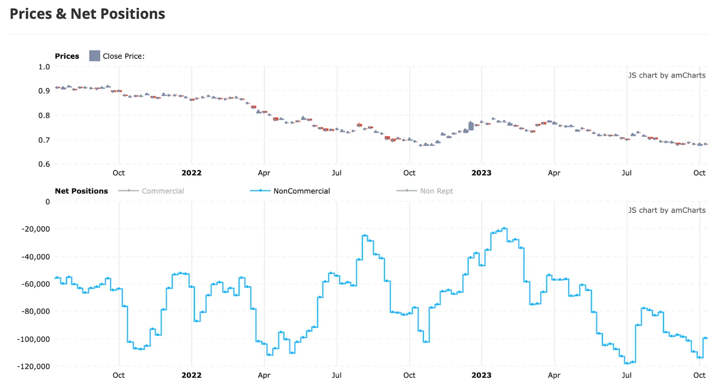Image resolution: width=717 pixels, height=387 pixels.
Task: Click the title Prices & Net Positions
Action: pos(87,14)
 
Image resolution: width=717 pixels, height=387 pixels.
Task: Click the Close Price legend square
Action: pos(95,56)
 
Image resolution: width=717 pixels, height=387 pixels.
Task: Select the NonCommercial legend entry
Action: pos(301,191)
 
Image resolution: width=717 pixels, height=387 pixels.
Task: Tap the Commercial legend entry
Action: pos(163,191)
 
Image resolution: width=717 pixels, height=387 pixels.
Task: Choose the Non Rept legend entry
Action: pos(436,191)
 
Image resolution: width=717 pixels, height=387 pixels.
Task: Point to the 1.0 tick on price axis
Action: pos(44,67)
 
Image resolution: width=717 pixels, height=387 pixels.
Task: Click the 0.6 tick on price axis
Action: pos(44,164)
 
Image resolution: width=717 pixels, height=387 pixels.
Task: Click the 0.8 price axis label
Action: pos(44,115)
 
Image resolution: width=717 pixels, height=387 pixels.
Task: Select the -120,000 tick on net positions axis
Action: pos(34,366)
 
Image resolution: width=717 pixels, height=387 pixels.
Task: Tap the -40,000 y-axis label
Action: pos(35,257)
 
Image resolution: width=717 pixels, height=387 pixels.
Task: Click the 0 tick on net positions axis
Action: pos(48,202)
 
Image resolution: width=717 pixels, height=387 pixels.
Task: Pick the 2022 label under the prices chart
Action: pos(191,173)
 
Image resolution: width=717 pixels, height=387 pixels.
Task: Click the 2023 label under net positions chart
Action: pos(481,375)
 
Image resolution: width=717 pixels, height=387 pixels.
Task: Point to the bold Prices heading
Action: pos(67,56)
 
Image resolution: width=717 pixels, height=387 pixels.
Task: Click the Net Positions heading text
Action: pos(81,191)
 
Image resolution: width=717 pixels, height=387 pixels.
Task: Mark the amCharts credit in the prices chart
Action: pos(666,75)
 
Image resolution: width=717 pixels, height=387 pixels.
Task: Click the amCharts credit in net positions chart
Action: pos(666,210)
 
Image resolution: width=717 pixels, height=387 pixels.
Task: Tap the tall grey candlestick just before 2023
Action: pos(471,126)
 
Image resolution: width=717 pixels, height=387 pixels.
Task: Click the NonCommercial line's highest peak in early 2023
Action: pos(504,228)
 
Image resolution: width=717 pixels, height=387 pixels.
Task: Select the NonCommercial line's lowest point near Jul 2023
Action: pos(627,363)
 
